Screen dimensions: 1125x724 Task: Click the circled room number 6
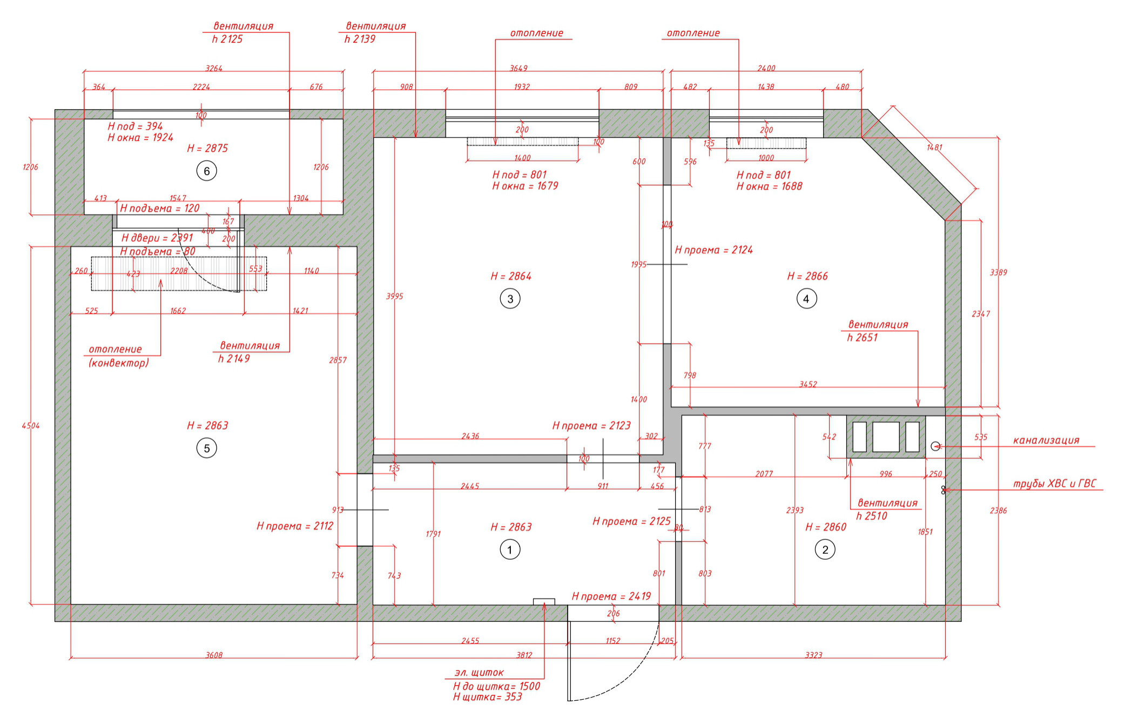click(x=206, y=171)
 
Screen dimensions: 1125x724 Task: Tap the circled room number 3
click(x=510, y=299)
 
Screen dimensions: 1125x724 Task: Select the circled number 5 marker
click(x=206, y=448)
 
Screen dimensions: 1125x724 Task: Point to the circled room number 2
click(x=825, y=550)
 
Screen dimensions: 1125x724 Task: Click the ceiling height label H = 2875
click(x=207, y=149)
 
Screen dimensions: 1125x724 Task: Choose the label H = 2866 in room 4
click(x=807, y=276)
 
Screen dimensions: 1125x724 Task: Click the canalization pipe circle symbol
click(x=935, y=446)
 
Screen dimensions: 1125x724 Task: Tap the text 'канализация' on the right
click(x=1046, y=440)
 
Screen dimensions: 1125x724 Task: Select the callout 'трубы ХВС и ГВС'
click(x=1055, y=484)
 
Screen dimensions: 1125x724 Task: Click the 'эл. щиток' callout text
click(x=479, y=673)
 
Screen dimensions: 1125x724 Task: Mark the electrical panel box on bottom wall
click(x=544, y=602)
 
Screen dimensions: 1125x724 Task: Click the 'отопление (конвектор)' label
click(x=118, y=356)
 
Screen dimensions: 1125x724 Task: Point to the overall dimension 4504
click(x=31, y=426)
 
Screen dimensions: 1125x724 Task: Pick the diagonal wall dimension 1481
click(x=934, y=148)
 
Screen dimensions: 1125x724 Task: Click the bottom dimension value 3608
click(x=214, y=655)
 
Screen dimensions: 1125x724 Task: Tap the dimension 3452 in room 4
click(x=808, y=384)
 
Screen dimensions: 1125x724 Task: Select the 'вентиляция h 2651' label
click(x=878, y=331)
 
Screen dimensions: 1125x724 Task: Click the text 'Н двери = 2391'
click(x=157, y=238)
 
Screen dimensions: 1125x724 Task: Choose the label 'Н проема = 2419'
click(x=611, y=596)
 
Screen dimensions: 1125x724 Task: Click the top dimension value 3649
click(x=518, y=68)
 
